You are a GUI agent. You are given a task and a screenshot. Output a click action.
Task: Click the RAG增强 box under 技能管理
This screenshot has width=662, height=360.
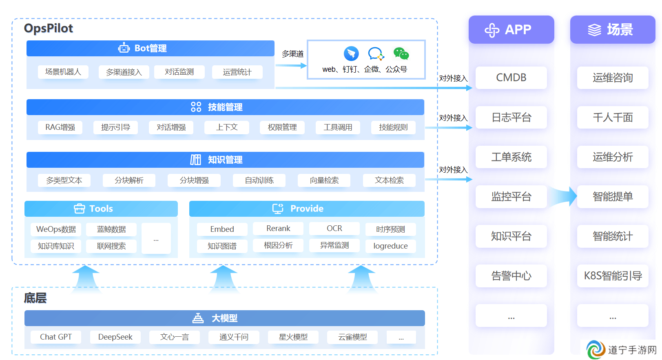tap(60, 127)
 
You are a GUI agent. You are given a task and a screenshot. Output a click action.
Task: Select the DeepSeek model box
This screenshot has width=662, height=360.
tap(115, 337)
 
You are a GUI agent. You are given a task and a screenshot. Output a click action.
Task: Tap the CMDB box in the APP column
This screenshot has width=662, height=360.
tap(511, 78)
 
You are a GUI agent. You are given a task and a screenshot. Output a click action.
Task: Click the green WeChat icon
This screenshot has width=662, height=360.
tap(401, 53)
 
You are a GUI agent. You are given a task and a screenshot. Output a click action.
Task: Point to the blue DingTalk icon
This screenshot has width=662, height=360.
tap(351, 53)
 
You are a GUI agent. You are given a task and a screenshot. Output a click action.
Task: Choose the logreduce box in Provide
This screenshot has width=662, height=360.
tap(390, 246)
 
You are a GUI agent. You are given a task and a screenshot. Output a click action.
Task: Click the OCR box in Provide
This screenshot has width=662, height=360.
tap(334, 228)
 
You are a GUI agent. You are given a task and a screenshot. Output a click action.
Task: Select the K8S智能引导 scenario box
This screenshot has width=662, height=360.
tap(613, 276)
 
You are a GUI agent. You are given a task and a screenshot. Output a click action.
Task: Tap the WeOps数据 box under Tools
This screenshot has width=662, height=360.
tap(56, 229)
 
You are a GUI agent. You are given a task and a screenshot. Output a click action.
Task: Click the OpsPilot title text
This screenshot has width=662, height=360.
tap(49, 28)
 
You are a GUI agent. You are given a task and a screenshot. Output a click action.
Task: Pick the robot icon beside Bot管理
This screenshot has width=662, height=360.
tap(124, 48)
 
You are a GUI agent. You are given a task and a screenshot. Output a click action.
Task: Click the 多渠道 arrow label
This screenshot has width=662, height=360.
tap(292, 54)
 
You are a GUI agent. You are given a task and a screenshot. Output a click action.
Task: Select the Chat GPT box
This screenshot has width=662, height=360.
tap(56, 337)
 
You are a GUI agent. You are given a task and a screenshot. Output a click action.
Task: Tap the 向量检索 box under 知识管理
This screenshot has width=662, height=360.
tap(324, 180)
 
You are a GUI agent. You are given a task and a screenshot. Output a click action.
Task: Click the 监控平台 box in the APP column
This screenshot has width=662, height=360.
tap(511, 196)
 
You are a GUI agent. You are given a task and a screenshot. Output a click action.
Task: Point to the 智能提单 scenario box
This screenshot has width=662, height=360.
tap(613, 196)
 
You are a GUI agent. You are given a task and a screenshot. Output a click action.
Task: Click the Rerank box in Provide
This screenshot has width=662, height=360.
tap(278, 228)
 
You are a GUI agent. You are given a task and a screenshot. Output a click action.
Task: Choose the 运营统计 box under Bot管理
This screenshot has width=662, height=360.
tap(237, 72)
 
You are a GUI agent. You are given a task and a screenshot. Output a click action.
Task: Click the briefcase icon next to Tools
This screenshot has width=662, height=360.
tap(79, 209)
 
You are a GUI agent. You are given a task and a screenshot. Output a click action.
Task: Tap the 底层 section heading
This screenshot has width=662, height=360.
tap(35, 298)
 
